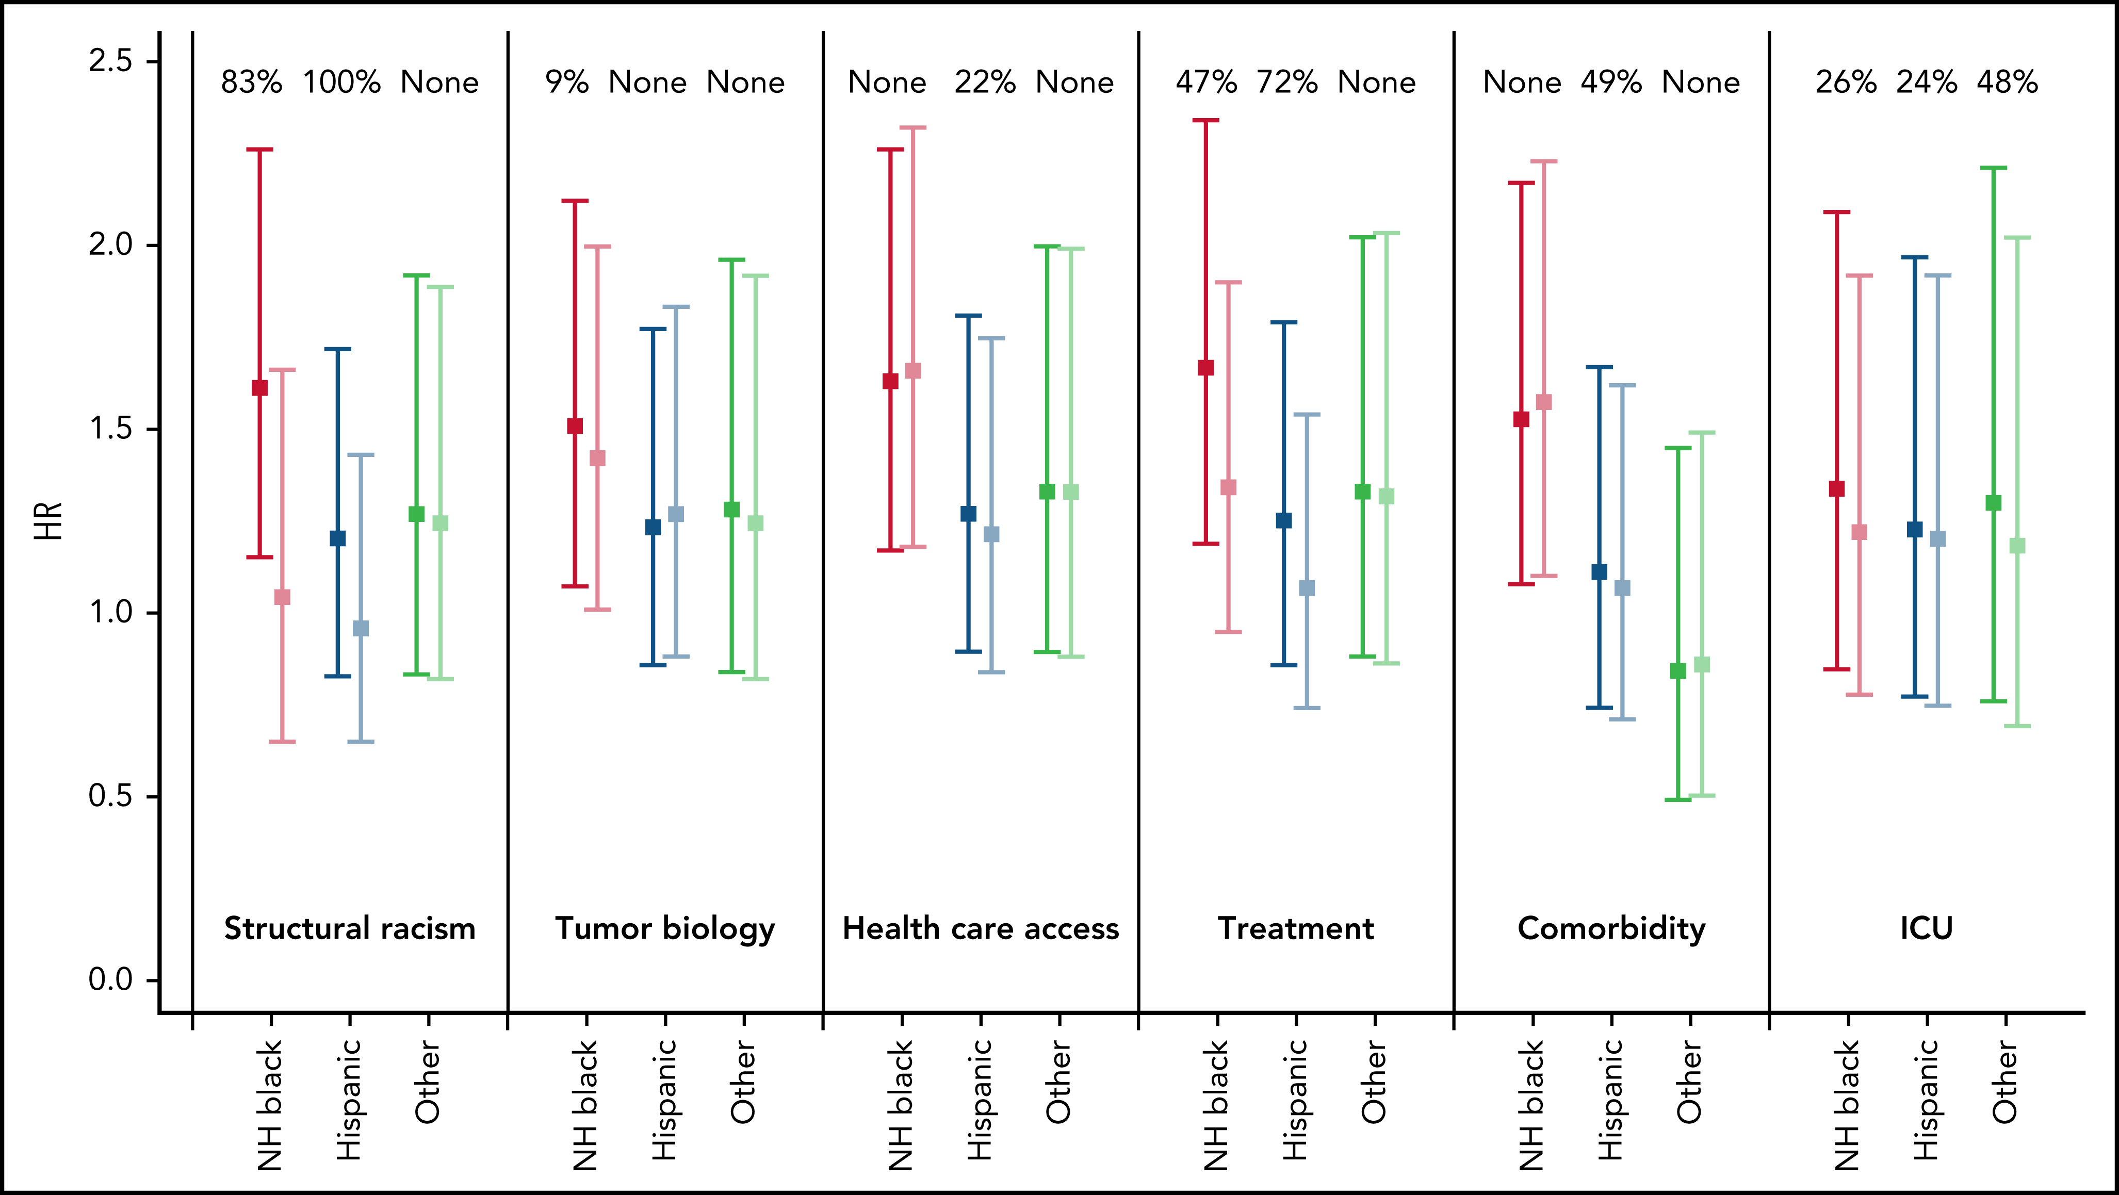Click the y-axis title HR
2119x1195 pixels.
coord(50,521)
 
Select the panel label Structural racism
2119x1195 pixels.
coord(350,928)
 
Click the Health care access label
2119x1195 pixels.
coord(981,928)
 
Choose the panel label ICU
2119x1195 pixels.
coord(1926,928)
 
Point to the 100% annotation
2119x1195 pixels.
coord(342,83)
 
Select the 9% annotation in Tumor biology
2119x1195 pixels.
coord(567,83)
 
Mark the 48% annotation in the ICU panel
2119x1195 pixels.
coord(2007,83)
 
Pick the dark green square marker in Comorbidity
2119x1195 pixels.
coord(1678,671)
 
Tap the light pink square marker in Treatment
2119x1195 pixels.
coord(1228,488)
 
